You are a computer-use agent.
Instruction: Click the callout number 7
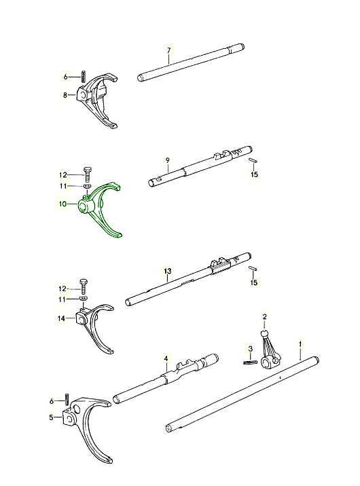168,50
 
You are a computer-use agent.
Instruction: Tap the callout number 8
65,95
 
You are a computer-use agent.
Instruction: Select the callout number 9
168,160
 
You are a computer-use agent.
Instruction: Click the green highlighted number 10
62,204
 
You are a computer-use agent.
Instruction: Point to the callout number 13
168,272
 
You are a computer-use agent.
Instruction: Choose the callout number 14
61,318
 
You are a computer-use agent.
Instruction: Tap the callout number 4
166,358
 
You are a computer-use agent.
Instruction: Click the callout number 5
51,417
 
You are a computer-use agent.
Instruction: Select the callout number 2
264,316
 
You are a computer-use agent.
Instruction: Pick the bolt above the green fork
86,175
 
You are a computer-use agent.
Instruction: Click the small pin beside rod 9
253,160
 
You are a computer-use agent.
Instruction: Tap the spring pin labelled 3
250,362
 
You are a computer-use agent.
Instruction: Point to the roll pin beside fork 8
84,76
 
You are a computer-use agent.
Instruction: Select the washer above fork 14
83,298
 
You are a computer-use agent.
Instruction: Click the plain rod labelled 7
191,62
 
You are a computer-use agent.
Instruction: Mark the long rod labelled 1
242,395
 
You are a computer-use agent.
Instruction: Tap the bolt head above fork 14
84,282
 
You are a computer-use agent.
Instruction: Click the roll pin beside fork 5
67,399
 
